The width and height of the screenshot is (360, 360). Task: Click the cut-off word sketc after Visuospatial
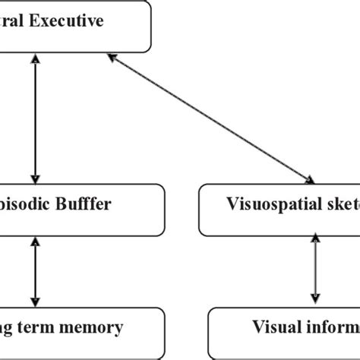pos(335,204)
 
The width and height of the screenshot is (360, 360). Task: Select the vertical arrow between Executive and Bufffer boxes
pos(33,118)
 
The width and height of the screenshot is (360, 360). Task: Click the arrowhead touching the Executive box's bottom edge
pos(33,58)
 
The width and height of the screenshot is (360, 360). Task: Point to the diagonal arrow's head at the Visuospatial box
pos(311,180)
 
